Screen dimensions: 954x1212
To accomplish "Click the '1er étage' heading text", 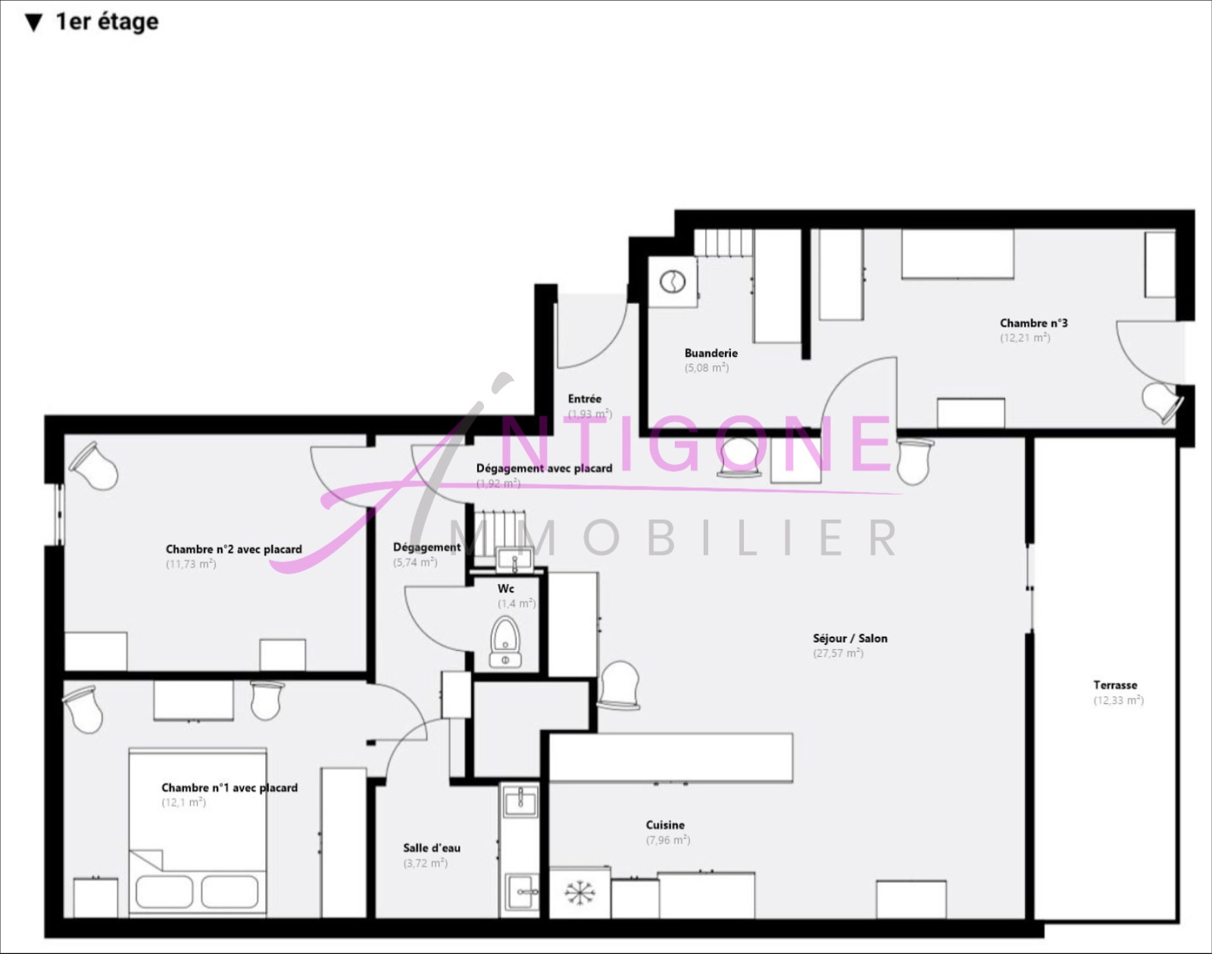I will point(107,22).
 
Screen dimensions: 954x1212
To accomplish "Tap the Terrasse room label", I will point(1115,685).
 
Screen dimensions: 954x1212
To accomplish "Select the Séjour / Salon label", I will point(850,639).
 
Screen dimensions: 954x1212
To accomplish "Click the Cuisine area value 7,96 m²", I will point(668,840).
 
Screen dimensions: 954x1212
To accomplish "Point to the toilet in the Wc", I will point(505,640).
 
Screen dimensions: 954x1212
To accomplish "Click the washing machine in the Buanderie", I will point(673,282).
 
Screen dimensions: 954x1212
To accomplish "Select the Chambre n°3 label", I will point(1034,323).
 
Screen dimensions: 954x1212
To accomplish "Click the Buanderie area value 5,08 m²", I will point(707,368).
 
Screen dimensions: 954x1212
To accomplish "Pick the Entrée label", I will point(585,399).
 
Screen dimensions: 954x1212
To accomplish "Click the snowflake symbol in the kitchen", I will point(579,893).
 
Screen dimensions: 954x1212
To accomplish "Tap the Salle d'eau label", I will point(432,848).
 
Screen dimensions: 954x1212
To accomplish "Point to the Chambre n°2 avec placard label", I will point(233,549).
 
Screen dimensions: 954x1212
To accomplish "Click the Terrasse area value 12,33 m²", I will point(1118,700).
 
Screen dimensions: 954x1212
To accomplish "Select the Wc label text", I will point(506,589).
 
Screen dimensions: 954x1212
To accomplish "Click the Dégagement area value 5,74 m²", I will point(415,562).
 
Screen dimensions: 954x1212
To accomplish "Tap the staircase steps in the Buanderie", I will point(723,243).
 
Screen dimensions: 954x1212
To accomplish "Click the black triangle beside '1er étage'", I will point(33,23).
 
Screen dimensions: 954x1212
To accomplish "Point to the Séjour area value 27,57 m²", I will point(839,653).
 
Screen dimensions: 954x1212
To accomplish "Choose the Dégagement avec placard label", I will point(544,468).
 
